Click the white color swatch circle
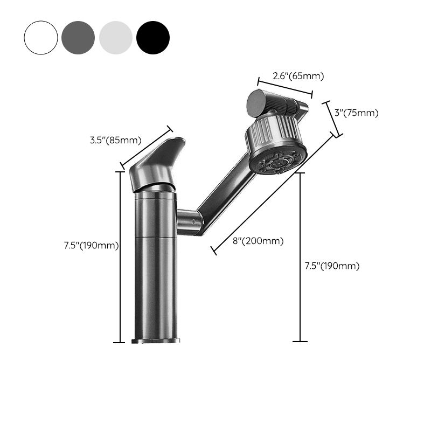[x=40, y=38]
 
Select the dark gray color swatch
[x=78, y=38]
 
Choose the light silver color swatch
[x=115, y=38]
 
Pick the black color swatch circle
[x=153, y=38]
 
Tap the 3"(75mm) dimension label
[x=356, y=113]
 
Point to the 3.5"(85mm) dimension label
[x=115, y=141]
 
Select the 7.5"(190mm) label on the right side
[x=332, y=266]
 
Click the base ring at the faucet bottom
[x=156, y=340]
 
